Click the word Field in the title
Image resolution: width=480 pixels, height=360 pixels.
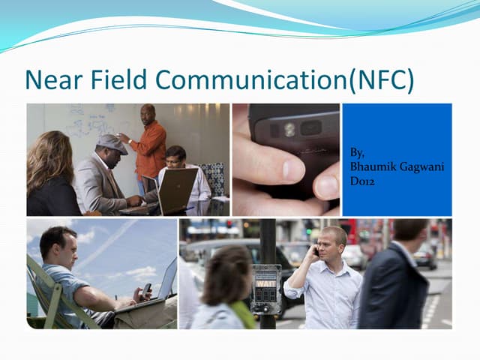click(x=121, y=79)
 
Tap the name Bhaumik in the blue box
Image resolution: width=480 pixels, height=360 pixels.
click(x=372, y=166)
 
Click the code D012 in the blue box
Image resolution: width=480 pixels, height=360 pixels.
click(x=362, y=180)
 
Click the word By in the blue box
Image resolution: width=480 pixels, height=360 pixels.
click(x=358, y=152)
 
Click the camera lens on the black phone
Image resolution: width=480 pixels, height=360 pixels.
click(x=289, y=129)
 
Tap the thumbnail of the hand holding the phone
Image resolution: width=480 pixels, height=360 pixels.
click(x=285, y=160)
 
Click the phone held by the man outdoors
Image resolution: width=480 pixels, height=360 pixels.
click(x=146, y=288)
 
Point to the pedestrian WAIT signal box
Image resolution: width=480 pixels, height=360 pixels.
click(x=265, y=288)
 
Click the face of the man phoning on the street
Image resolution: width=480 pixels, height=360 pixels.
click(x=329, y=242)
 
